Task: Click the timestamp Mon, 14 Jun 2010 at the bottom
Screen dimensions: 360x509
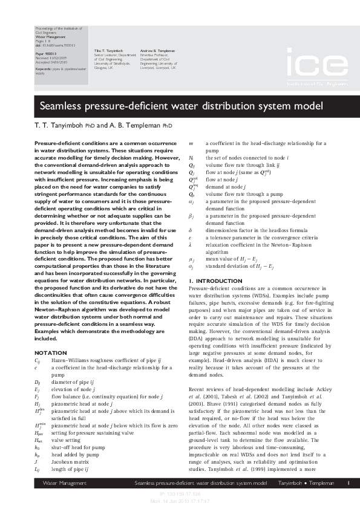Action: (180, 500)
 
